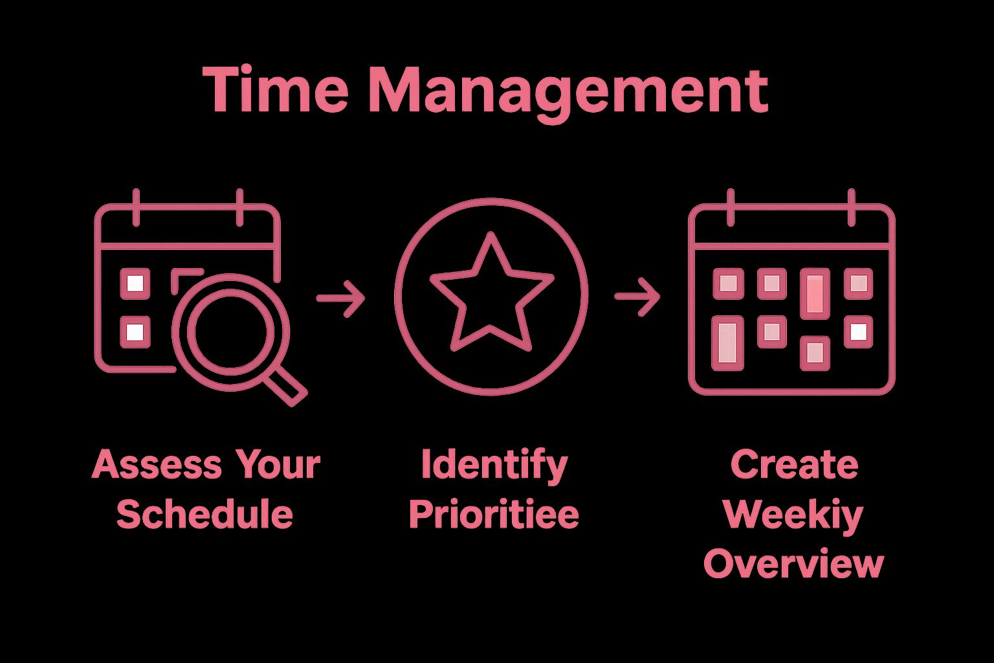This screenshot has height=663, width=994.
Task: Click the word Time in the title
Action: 276,90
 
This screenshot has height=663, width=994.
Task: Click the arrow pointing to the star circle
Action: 341,298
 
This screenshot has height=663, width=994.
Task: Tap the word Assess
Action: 157,465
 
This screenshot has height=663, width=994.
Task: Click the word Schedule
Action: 204,514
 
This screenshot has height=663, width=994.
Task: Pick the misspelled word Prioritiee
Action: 494,514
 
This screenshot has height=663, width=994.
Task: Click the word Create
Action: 794,465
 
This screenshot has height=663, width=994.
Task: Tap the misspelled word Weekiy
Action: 793,515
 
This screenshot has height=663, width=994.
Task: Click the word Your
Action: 278,465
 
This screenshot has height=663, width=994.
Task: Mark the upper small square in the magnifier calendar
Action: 135,284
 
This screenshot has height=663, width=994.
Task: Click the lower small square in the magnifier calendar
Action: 135,332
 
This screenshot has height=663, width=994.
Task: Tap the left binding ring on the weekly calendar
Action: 731,207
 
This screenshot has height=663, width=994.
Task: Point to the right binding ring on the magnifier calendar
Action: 239,207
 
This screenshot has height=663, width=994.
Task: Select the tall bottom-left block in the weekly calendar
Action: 727,343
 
